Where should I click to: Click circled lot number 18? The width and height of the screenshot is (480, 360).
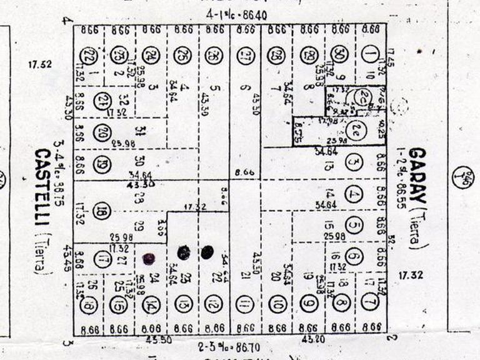pos(102,212)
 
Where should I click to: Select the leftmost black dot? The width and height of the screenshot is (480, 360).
pos(149,257)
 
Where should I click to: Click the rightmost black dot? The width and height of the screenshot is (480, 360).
pos(207,252)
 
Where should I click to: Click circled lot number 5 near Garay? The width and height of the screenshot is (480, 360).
pos(354,226)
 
